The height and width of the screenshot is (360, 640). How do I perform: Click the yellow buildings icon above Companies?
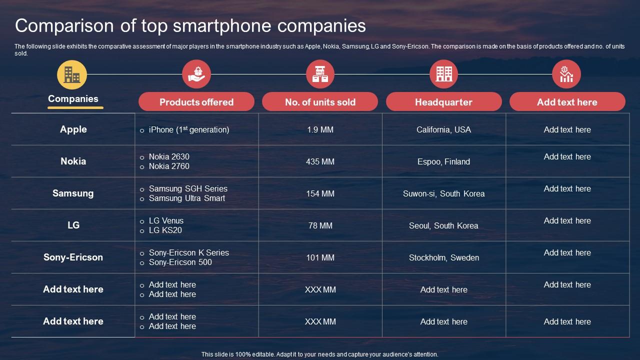pos(72,74)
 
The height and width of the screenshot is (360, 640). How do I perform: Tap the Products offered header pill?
pos(196,102)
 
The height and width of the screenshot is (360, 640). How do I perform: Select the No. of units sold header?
pos(320,102)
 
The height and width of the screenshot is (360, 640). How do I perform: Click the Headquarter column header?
pos(443,102)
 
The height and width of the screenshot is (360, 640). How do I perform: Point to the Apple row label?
pos(73,129)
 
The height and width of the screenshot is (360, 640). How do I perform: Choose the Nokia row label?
pos(73,161)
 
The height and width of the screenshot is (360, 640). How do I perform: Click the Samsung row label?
pos(73,193)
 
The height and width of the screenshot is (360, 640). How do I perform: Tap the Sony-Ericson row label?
pos(73,257)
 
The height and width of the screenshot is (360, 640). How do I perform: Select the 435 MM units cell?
pos(320,161)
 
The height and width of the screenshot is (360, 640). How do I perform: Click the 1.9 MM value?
pos(320,129)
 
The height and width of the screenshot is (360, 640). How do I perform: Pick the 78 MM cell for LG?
pos(320,225)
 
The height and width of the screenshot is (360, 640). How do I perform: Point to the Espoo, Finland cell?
pos(443,161)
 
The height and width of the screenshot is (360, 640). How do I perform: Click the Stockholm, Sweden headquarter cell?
pos(443,257)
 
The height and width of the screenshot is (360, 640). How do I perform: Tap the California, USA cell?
pos(443,129)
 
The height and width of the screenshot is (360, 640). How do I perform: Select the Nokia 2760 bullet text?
pos(169,166)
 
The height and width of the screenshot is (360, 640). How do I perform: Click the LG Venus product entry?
pos(166,220)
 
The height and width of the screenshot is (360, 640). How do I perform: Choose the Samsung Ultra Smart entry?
pos(187,198)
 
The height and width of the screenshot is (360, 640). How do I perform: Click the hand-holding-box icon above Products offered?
pos(196,74)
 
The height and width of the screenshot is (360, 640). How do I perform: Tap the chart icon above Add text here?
pos(566,74)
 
